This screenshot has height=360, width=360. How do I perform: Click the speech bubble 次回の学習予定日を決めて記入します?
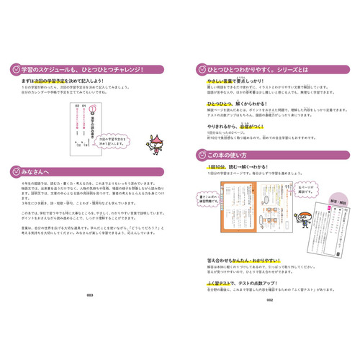click(106, 135)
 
